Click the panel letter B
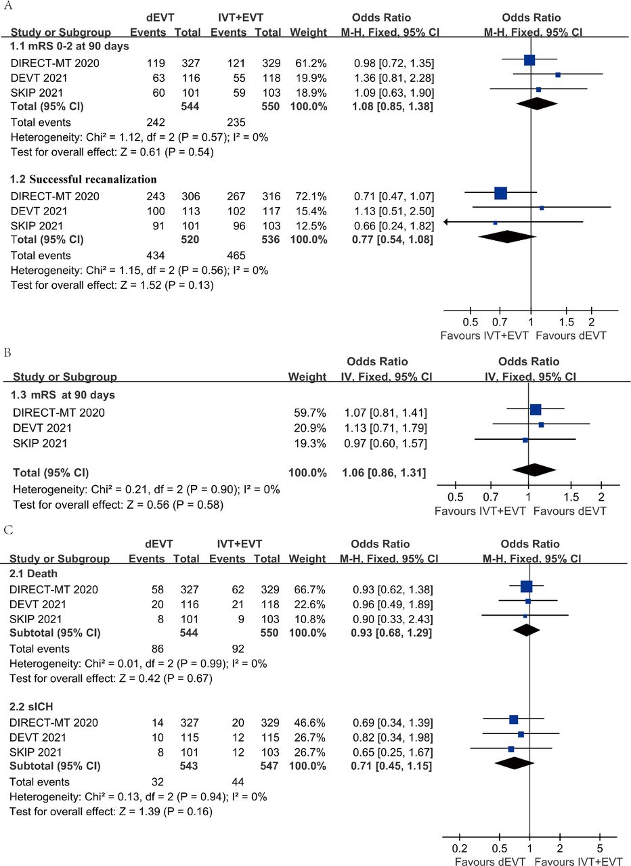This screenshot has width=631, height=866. pos(7,353)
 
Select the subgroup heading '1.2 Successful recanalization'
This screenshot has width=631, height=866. pos(83,179)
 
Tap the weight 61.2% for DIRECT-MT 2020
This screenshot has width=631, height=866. pos(311,63)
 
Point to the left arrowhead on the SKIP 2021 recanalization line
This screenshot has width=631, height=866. pos(446,222)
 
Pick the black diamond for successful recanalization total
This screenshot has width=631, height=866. pos(507,237)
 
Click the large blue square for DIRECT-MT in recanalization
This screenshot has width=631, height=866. pos(500,193)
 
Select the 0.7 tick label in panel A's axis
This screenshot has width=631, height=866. pos(500,322)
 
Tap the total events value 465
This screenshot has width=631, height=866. pos(236,256)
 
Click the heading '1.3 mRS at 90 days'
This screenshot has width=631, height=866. pos(64,395)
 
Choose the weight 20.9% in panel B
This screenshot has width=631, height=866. pos(309,428)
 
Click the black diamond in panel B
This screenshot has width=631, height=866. pos(534,470)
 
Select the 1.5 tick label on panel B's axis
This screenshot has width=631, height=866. pos(571,497)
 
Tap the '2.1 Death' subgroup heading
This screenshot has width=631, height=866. pos(33,573)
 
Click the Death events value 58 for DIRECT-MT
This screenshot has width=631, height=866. pos(158,589)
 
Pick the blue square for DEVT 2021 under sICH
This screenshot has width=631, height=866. pos(521,734)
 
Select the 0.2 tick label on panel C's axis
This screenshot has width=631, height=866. pos(459,848)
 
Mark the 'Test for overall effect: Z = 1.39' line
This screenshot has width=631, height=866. pos(111,811)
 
